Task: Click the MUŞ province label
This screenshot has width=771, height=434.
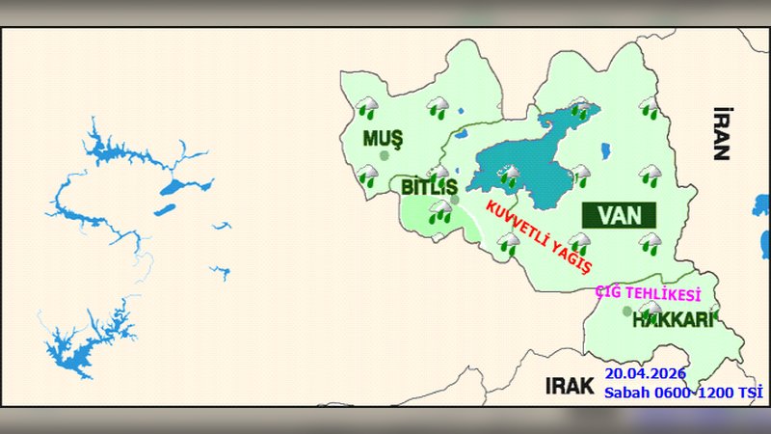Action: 383,138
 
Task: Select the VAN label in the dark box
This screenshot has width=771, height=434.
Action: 618,212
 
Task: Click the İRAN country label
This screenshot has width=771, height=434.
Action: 721,133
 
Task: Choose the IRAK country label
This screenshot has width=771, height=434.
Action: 569,386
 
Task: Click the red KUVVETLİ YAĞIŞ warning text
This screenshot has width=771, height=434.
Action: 539,236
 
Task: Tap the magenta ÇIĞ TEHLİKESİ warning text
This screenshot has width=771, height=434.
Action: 647,293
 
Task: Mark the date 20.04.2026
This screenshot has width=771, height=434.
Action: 645,373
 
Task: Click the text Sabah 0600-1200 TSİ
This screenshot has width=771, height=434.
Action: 683,393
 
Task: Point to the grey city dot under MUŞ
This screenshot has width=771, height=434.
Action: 385,155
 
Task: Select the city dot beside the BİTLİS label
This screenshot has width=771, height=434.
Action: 455,200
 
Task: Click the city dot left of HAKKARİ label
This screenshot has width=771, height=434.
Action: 627,312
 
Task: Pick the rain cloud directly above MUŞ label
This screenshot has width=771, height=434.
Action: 367,108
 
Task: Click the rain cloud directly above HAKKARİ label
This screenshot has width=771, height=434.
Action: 651,310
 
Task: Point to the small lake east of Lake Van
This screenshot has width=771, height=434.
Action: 604,151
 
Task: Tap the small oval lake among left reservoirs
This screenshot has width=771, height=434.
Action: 166,208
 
